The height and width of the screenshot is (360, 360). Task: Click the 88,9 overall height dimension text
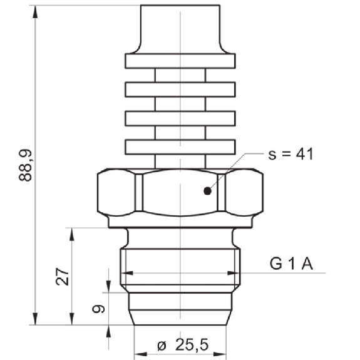[x=26, y=165]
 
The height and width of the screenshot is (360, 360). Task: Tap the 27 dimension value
[x=62, y=276]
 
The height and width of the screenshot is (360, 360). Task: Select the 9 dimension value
[x=98, y=309]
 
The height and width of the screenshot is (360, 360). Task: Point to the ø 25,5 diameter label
[x=183, y=344]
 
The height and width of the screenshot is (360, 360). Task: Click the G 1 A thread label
[x=291, y=264]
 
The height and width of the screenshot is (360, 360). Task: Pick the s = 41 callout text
[x=291, y=154]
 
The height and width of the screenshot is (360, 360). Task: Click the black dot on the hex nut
[x=208, y=191]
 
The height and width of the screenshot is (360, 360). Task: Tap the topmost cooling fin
[x=180, y=61]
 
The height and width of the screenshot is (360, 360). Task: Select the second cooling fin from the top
[x=180, y=90]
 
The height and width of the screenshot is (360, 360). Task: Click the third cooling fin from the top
[x=180, y=118]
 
